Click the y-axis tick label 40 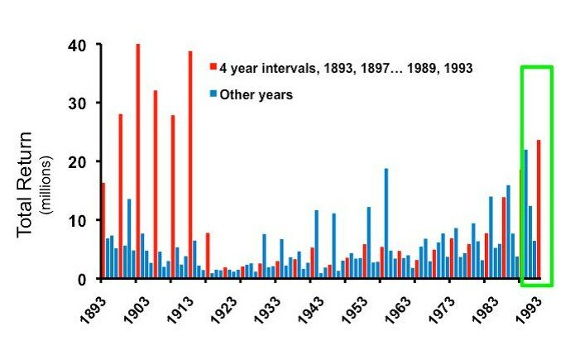(81, 45)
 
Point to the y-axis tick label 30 (81, 103)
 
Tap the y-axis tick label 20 (81, 162)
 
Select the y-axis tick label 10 (81, 221)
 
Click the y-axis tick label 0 (84, 280)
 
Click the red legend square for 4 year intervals (213, 68)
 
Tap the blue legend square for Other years (213, 94)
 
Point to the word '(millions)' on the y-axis (46, 183)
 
